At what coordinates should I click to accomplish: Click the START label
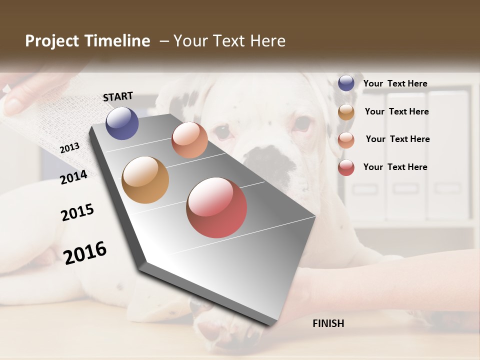(x=118, y=96)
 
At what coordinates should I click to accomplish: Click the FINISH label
(x=328, y=323)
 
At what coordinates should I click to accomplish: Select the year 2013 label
(x=70, y=148)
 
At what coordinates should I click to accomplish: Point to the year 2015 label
(x=77, y=212)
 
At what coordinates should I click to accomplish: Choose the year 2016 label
(x=85, y=252)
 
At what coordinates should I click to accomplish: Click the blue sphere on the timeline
(x=122, y=123)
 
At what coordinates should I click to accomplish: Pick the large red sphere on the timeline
(x=216, y=207)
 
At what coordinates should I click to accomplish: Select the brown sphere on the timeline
(x=145, y=180)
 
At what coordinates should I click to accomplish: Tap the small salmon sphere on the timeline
(x=189, y=140)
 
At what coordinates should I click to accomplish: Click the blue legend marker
(x=346, y=83)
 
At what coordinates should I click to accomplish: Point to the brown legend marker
(x=346, y=112)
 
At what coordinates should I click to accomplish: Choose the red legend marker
(x=346, y=167)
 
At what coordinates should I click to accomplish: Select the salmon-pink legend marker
(x=346, y=139)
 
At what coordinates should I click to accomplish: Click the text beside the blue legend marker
(x=395, y=83)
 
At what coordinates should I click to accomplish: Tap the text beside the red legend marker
(x=395, y=167)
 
